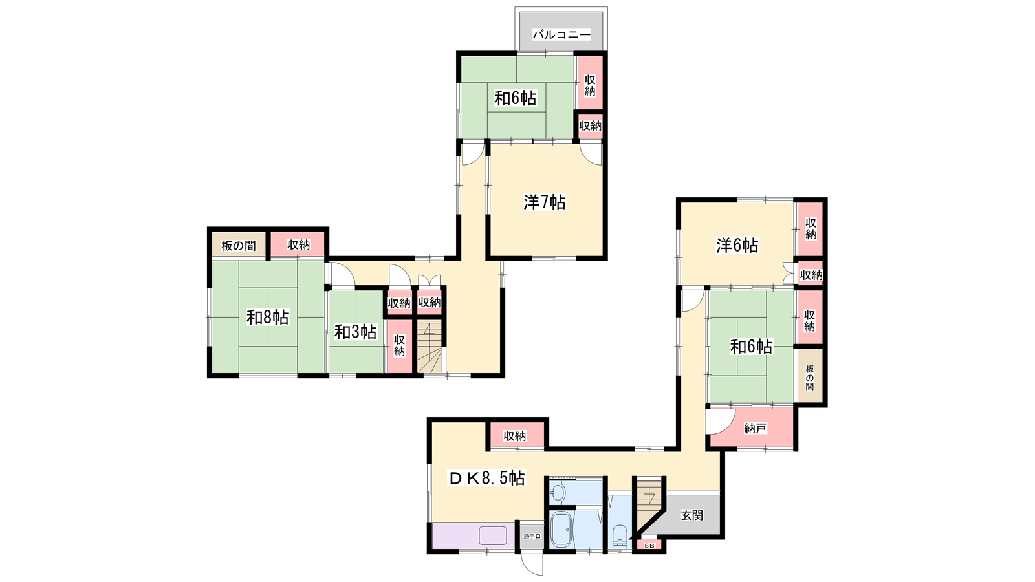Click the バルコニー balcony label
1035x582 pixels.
pyautogui.click(x=561, y=35)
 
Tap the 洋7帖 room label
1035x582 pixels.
pyautogui.click(x=545, y=202)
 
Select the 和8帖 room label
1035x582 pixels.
pyautogui.click(x=268, y=318)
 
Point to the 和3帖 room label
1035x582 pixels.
pyautogui.click(x=355, y=332)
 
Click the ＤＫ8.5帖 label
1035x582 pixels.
pyautogui.click(x=487, y=479)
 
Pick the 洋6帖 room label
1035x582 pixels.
pyautogui.click(x=737, y=245)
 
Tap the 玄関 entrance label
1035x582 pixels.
pyautogui.click(x=692, y=515)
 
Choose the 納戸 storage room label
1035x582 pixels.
pyautogui.click(x=755, y=429)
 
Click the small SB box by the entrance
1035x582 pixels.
pyautogui.click(x=649, y=546)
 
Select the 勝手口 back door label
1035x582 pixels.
pyautogui.click(x=532, y=536)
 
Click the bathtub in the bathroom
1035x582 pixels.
pyautogui.click(x=562, y=530)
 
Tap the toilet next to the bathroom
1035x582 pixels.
pyautogui.click(x=619, y=536)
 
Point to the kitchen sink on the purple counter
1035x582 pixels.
pyautogui.click(x=492, y=535)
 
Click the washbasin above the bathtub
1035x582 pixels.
pyautogui.click(x=558, y=492)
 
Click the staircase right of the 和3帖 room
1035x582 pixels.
pyautogui.click(x=430, y=347)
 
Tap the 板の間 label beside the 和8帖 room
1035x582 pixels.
pyautogui.click(x=239, y=245)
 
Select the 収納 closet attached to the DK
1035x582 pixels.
pyautogui.click(x=515, y=436)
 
